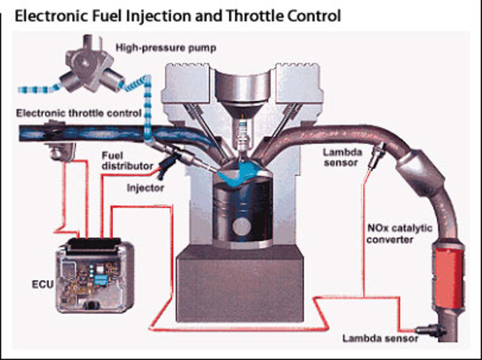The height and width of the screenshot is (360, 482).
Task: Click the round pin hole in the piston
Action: (x=241, y=226)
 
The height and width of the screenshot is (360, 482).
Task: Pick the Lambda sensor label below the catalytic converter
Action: (x=380, y=339)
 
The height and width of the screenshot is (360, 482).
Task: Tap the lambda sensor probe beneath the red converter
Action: (x=427, y=329)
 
